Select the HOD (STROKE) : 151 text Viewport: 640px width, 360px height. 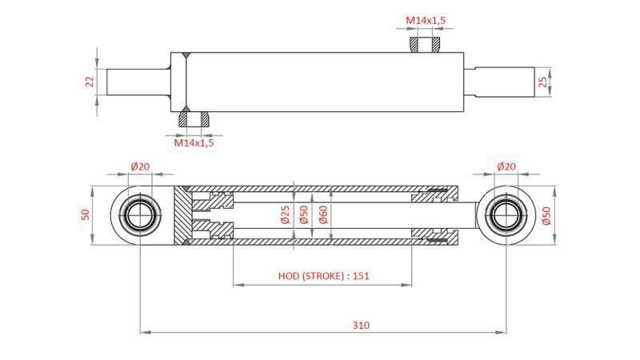[x=323, y=276]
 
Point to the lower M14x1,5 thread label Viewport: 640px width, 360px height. [x=194, y=143]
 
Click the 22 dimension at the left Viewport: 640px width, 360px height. [x=90, y=82]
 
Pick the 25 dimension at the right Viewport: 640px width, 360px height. [x=545, y=82]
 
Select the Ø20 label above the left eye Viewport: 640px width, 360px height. [x=139, y=166]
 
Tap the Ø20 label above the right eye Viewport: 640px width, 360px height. [x=506, y=166]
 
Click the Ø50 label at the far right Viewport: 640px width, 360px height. [x=546, y=216]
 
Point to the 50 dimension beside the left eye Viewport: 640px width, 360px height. [x=86, y=216]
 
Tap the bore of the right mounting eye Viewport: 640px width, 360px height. [x=506, y=216]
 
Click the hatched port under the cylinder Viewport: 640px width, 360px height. [x=194, y=118]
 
